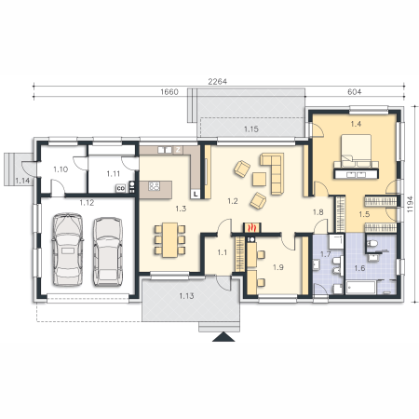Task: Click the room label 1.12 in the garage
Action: (x=87, y=203)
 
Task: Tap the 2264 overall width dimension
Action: (x=217, y=82)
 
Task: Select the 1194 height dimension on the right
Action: (x=410, y=204)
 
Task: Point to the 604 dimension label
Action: (x=354, y=92)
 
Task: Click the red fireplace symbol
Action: (x=252, y=227)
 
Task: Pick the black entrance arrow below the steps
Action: (x=223, y=337)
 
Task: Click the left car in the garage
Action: (x=68, y=250)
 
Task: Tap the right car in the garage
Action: (x=108, y=251)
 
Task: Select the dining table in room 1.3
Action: (x=169, y=239)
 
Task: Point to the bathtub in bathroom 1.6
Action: (x=361, y=287)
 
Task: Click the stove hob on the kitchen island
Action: (x=155, y=186)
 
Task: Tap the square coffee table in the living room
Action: (x=259, y=179)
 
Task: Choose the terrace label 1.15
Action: (x=250, y=129)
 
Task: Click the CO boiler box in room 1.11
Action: (x=120, y=188)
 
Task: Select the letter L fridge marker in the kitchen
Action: (x=196, y=195)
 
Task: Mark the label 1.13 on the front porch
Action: (x=186, y=296)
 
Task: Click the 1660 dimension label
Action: (x=169, y=92)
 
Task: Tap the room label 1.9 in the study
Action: (x=277, y=267)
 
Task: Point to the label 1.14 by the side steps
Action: (x=22, y=181)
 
